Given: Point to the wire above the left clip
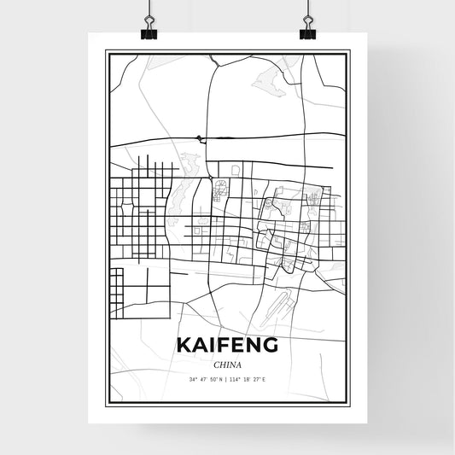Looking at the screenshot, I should (149, 10).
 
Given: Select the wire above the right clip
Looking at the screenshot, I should (307, 10).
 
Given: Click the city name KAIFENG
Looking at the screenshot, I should (227, 345).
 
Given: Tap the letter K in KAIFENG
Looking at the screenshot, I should (184, 345).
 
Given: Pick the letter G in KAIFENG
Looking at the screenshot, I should (270, 345).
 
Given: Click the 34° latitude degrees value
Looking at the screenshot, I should (194, 378).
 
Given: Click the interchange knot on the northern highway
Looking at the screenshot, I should (199, 137).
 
